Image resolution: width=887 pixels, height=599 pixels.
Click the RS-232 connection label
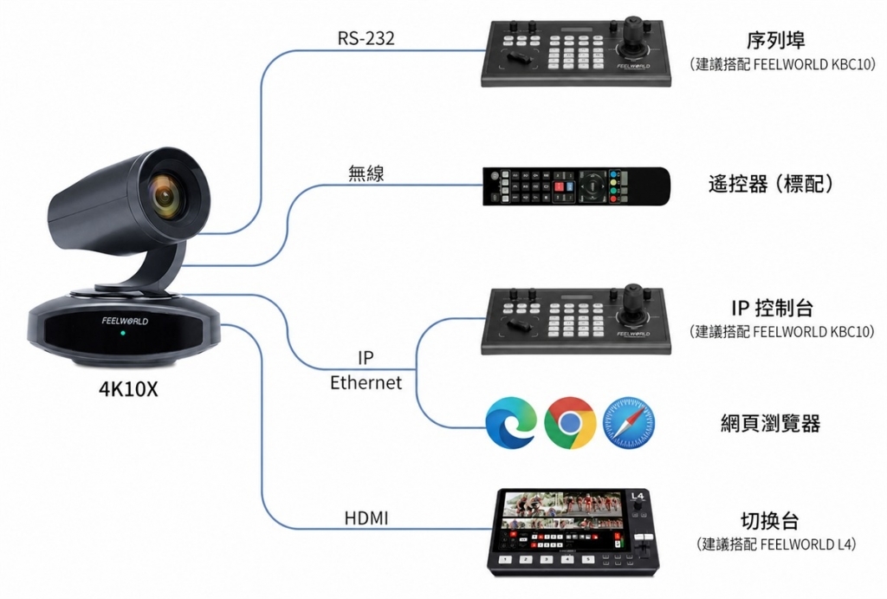pos(366,38)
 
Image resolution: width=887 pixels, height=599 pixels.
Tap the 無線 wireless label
pos(366,173)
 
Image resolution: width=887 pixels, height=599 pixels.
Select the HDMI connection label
pos(366,518)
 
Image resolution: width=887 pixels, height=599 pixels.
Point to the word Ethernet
pos(366,383)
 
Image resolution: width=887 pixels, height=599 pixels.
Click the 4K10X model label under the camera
pos(128,389)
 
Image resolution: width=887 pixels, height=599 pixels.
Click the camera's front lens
pos(165,196)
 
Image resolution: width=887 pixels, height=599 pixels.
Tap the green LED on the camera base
pos(123,332)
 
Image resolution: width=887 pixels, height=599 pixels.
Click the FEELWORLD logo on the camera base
pos(125,321)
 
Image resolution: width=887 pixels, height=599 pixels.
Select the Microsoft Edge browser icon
pos(511,423)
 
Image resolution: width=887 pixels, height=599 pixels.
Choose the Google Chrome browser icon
pos(570,423)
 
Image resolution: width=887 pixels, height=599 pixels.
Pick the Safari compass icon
pos(629,423)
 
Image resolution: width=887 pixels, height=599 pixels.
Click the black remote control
pos(576,186)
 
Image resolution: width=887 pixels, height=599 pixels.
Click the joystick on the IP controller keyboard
pos(632,303)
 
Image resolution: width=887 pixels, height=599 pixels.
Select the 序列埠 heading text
pos(775,40)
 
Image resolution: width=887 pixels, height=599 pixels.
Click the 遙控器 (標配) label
pos(771,184)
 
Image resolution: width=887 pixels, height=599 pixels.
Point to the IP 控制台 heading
pos(772,308)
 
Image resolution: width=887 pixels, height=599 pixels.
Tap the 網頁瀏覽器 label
pos(770,423)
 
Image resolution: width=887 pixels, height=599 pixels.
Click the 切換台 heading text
pos(770,520)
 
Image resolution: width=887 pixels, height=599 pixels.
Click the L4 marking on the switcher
pos(637,496)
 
